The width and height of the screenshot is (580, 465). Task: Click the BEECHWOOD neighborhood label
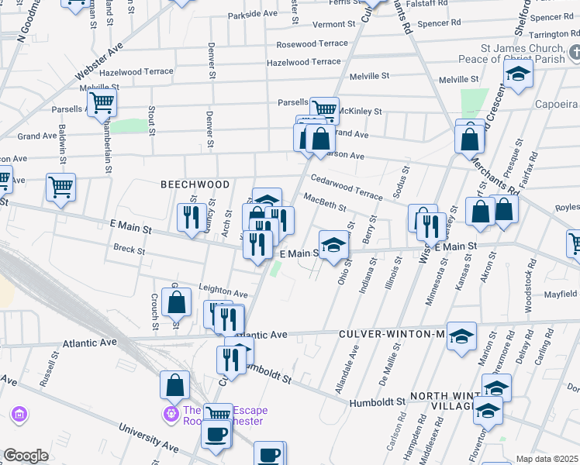(195, 184)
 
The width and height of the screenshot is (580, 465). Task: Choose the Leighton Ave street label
(223, 294)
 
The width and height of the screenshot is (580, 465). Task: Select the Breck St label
(129, 250)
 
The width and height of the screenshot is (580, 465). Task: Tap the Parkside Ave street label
(253, 14)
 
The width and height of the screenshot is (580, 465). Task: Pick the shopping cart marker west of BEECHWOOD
(60, 186)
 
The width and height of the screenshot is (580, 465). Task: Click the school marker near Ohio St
(333, 246)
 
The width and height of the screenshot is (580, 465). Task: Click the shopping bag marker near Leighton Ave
(177, 302)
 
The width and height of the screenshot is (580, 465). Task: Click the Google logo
(26, 456)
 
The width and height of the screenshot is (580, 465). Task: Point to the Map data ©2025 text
(547, 459)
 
